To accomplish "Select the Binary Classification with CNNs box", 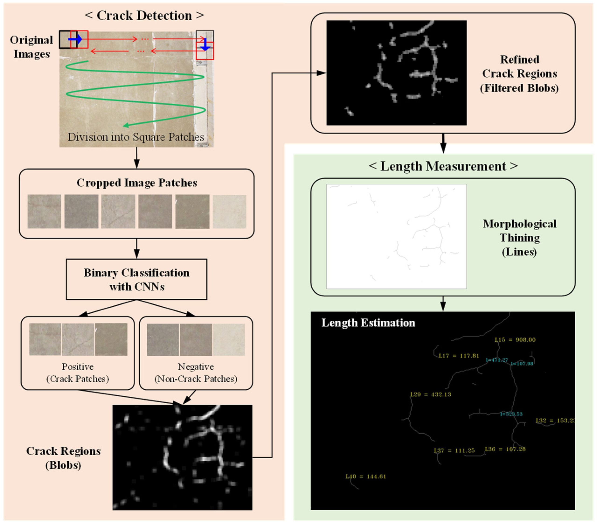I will click(x=136, y=279).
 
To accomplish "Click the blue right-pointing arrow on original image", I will click(x=75, y=39).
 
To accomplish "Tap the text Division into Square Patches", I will click(x=136, y=137).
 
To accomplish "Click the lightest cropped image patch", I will click(x=229, y=211).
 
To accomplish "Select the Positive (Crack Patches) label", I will click(x=78, y=373).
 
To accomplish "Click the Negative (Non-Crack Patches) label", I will click(x=196, y=373).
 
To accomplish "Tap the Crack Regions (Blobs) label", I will click(x=63, y=458).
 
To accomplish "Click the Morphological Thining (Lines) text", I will click(x=519, y=238).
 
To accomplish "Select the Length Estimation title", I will click(x=368, y=323).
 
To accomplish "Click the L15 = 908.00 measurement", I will click(x=515, y=340).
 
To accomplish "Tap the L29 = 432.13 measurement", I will click(x=431, y=395).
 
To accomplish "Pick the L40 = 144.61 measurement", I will click(x=366, y=477).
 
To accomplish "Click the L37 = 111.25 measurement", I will click(x=454, y=450).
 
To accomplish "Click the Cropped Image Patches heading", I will click(x=137, y=183).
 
